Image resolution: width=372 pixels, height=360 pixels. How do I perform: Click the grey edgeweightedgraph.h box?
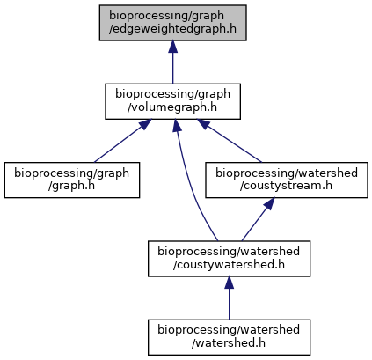[x=172, y=23]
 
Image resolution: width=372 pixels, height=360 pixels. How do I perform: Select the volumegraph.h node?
[x=172, y=101]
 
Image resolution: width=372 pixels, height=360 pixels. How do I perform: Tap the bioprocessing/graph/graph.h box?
[x=72, y=180]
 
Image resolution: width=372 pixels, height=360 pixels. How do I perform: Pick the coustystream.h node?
[x=287, y=180]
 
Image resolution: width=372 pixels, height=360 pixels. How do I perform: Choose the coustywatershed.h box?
[x=229, y=259]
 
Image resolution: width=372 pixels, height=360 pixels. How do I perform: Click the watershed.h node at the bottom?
[x=229, y=337]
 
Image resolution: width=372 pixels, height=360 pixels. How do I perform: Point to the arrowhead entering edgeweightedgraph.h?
[x=172, y=47]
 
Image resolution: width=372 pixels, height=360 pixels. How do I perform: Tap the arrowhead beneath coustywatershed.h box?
[x=229, y=283]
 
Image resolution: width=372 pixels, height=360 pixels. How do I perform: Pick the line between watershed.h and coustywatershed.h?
[x=229, y=304]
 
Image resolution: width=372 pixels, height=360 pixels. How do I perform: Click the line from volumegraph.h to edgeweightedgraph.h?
[x=172, y=69]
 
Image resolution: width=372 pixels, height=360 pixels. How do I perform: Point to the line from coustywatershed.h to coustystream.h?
[x=254, y=225]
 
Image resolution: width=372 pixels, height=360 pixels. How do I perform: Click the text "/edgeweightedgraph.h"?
[x=172, y=29]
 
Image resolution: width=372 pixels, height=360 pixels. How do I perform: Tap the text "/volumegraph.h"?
[x=172, y=107]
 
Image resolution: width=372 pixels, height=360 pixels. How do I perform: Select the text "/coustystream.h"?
[x=286, y=186]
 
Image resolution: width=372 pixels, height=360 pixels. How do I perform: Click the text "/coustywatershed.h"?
[x=229, y=265]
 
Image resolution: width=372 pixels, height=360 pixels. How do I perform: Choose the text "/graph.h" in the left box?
[x=71, y=186]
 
